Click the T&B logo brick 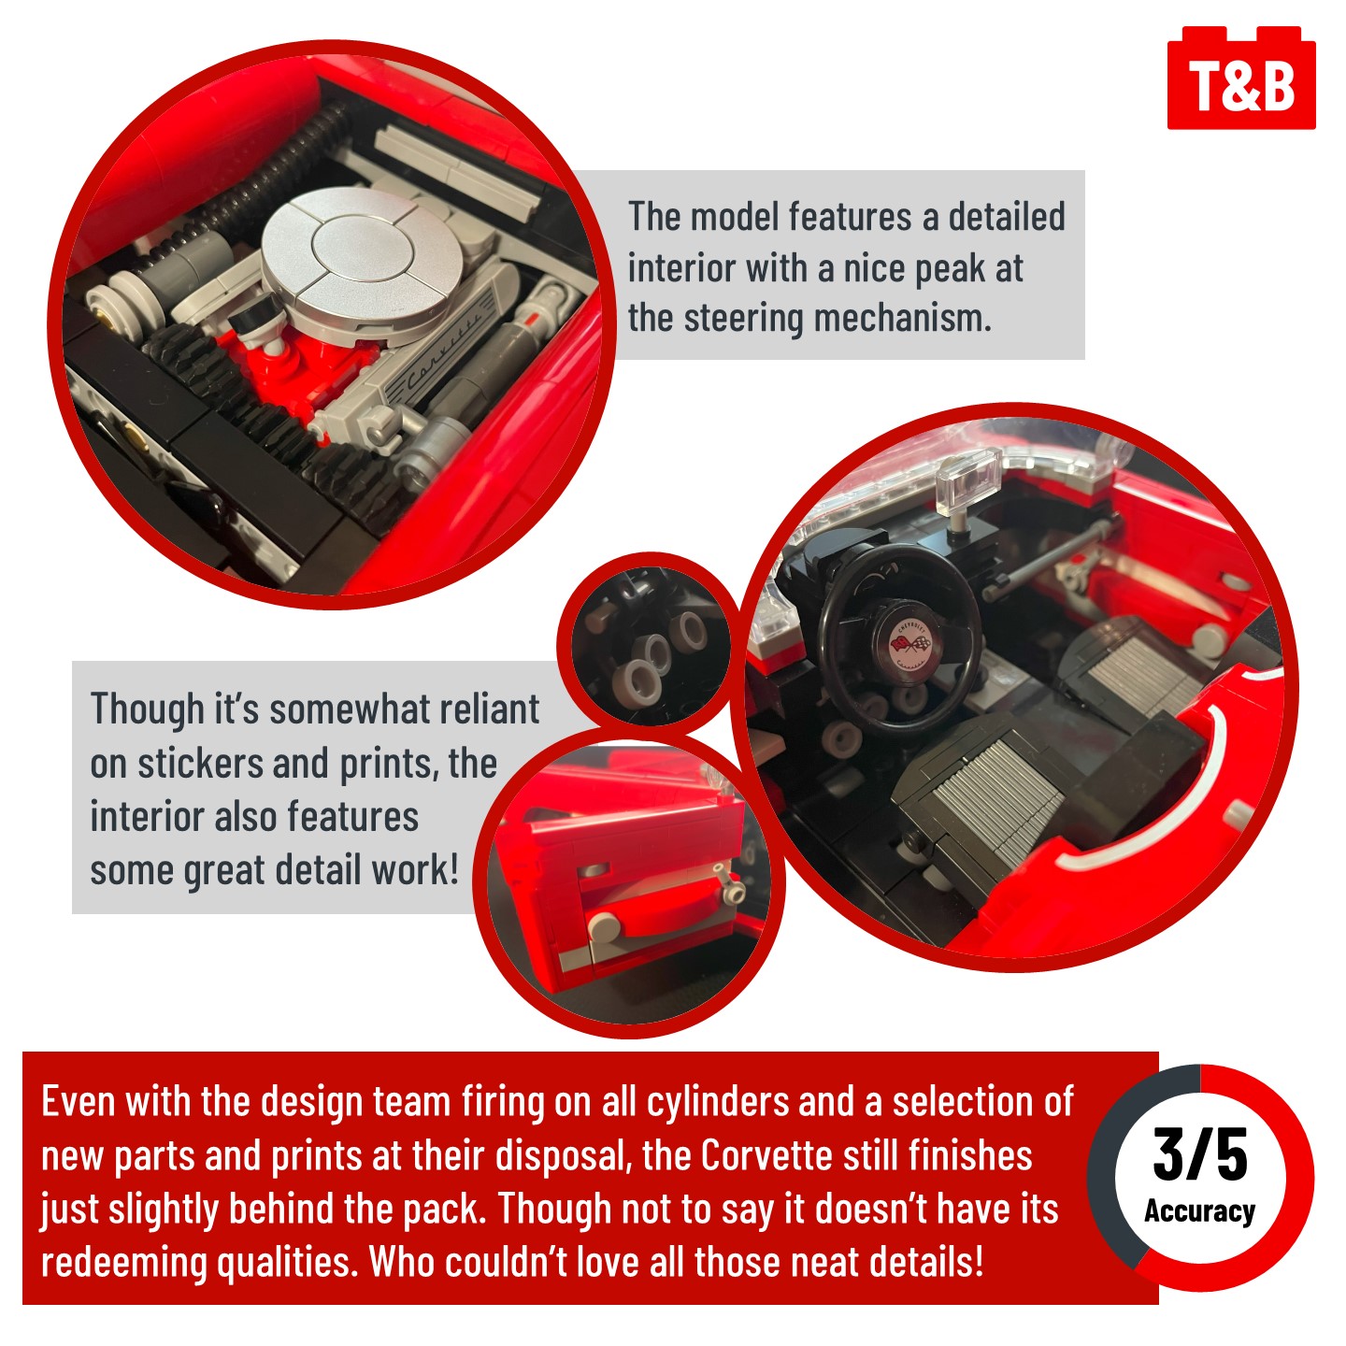point(1241,79)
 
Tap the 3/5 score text point(1199,1156)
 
